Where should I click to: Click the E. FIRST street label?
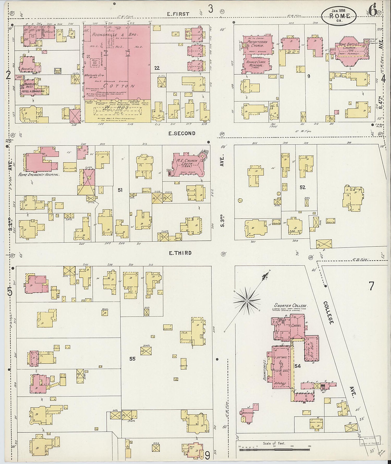(x=178, y=14)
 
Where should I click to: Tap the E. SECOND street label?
(x=182, y=133)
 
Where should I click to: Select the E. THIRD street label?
(x=180, y=253)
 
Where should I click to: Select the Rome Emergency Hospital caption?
(x=38, y=175)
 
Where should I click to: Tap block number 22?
(x=157, y=68)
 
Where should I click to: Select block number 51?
(x=120, y=190)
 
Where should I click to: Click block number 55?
(x=132, y=359)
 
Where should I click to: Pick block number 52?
(x=302, y=187)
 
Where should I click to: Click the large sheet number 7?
(x=371, y=286)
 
